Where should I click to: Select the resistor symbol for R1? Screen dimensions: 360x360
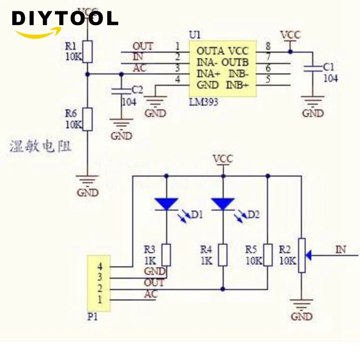pyautogui.click(x=88, y=51)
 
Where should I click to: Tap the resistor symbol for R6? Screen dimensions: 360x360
pyautogui.click(x=88, y=119)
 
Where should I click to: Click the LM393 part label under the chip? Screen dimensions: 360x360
pyautogui.click(x=203, y=102)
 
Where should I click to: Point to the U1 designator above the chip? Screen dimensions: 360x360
pyautogui.click(x=195, y=35)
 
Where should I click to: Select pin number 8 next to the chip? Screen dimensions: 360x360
pyautogui.click(x=268, y=45)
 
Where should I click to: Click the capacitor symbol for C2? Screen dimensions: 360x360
pyautogui.click(x=121, y=91)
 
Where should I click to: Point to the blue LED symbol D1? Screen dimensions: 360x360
pyautogui.click(x=166, y=204)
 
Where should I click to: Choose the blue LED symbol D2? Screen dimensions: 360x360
pyautogui.click(x=223, y=204)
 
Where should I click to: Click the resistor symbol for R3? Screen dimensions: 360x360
pyautogui.click(x=166, y=255)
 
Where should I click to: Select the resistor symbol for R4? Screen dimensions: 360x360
pyautogui.click(x=223, y=255)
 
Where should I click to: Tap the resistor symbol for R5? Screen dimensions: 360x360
pyautogui.click(x=268, y=255)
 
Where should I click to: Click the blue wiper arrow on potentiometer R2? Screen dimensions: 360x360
pyautogui.click(x=309, y=255)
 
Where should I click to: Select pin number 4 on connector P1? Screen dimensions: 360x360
pyautogui.click(x=99, y=266)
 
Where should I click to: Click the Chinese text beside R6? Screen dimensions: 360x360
pyautogui.click(x=40, y=147)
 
